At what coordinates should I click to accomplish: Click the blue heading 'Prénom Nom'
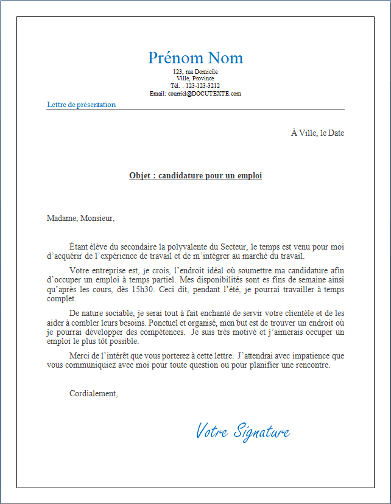pos(195,58)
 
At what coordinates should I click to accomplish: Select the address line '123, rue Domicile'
pos(195,72)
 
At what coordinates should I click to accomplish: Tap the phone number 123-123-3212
pos(203,86)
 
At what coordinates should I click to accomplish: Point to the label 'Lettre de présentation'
pos(81,105)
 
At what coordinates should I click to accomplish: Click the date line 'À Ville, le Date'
pos(317,133)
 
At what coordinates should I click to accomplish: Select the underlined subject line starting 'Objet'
pos(195,176)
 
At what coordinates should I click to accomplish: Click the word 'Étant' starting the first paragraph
pos(79,247)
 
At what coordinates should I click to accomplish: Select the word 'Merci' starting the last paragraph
pos(79,355)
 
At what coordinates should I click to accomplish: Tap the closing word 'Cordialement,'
pos(93,394)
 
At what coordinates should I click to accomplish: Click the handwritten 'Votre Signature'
pos(242,432)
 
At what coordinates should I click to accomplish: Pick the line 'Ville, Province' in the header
pos(195,79)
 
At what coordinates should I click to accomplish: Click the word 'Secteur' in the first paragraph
pos(233,247)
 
